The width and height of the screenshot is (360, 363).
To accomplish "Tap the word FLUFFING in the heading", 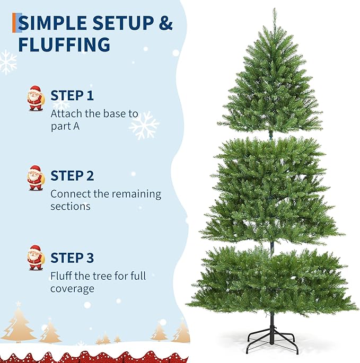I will tap(64, 44).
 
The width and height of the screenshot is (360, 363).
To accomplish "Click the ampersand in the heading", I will tap(165, 24).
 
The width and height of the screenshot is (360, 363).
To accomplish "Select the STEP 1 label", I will tap(72, 96).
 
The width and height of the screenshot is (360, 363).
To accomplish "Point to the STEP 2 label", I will tap(72, 176).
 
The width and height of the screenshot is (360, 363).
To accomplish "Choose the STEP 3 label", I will tap(72, 258).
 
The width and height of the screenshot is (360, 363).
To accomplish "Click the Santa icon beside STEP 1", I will tap(36, 98).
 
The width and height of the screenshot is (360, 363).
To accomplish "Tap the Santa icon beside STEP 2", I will tap(36, 178).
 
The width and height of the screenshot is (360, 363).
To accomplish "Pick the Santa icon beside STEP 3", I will tap(36, 258).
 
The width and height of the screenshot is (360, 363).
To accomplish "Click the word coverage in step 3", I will tap(72, 289).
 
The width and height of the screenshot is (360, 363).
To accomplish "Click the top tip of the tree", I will tap(274, 10).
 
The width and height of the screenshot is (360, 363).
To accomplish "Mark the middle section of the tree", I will tap(271, 191).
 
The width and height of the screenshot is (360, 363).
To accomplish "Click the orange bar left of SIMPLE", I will tap(15, 23).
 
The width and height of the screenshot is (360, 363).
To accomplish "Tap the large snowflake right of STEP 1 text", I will tap(144, 126).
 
